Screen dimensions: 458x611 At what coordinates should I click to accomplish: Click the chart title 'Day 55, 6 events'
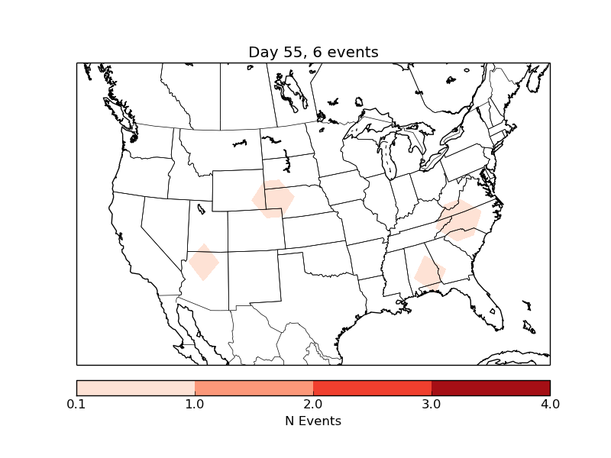point(313,52)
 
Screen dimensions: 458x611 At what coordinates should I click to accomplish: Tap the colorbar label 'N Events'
point(313,421)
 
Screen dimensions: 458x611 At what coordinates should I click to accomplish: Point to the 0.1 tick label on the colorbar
point(76,404)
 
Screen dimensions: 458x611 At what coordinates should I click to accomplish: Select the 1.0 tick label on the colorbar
point(195,404)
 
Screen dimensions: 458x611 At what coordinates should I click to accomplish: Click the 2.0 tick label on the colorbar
point(313,404)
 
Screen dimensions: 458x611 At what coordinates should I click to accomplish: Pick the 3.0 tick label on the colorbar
point(432,404)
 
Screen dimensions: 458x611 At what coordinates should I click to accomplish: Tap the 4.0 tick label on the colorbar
point(550,404)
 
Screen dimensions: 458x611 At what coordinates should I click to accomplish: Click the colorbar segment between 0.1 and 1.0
point(136,388)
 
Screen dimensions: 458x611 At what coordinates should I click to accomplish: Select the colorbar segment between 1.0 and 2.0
point(254,388)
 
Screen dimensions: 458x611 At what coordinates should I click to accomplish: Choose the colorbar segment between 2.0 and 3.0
point(373,388)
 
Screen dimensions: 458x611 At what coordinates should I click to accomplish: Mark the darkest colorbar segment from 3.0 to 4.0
point(491,388)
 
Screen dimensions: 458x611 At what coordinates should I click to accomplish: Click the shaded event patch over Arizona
point(204,262)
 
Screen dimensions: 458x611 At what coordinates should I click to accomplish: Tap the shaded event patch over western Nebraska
point(273,198)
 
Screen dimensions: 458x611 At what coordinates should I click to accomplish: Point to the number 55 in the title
point(293,52)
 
